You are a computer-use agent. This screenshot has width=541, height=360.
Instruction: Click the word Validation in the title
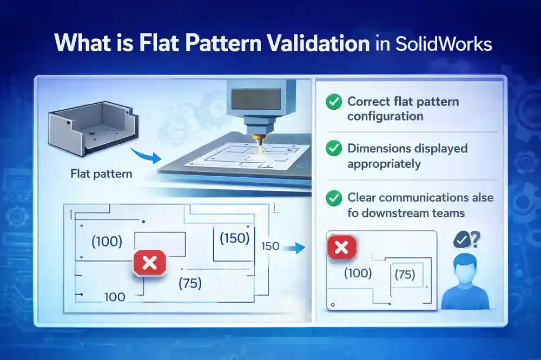click(x=315, y=43)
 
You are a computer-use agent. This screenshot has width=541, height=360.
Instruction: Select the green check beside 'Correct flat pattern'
click(x=334, y=101)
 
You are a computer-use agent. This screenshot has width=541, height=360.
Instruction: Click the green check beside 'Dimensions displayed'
click(x=334, y=148)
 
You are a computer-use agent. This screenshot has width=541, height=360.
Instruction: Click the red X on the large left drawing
click(x=149, y=263)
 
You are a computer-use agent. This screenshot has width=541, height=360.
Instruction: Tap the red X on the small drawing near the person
click(x=342, y=248)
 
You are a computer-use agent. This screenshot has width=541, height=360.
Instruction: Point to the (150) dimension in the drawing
click(x=234, y=238)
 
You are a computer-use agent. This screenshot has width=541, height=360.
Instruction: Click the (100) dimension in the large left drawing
click(x=107, y=242)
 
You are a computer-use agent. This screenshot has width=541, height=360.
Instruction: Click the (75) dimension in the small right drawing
click(x=405, y=275)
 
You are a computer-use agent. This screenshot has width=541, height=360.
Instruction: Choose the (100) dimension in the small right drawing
click(x=358, y=273)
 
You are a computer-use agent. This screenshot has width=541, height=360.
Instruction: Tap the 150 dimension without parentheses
click(x=270, y=246)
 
